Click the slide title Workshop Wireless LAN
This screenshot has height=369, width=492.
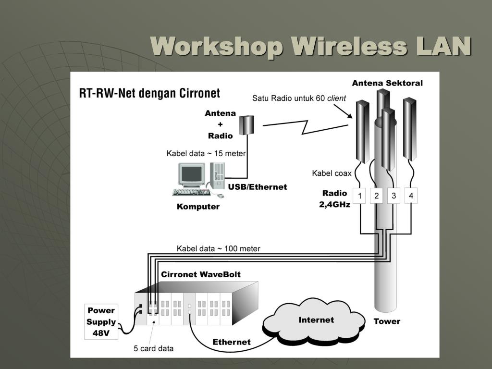pyautogui.click(x=310, y=47)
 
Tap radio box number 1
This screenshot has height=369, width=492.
pyautogui.click(x=359, y=196)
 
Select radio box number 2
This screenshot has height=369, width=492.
pyautogui.click(x=377, y=196)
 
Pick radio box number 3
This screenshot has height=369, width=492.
pyautogui.click(x=394, y=196)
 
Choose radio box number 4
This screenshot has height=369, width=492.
pyautogui.click(x=411, y=196)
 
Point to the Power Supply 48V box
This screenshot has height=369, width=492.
pyautogui.click(x=101, y=321)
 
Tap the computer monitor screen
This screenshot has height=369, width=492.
pyautogui.click(x=191, y=174)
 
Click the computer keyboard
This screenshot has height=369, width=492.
pyautogui.click(x=191, y=192)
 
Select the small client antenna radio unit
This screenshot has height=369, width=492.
pyautogui.click(x=246, y=125)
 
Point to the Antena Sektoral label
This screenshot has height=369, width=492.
pyautogui.click(x=387, y=83)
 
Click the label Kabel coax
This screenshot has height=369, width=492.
pyautogui.click(x=332, y=173)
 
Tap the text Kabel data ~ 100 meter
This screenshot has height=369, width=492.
pyautogui.click(x=219, y=248)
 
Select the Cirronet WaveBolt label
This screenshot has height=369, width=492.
pyautogui.click(x=201, y=274)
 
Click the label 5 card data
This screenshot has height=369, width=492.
pyautogui.click(x=153, y=348)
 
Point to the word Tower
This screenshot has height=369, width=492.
pyautogui.click(x=387, y=321)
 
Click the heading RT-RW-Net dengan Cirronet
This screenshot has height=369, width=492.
pyautogui.click(x=149, y=93)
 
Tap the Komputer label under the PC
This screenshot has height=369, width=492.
pyautogui.click(x=198, y=207)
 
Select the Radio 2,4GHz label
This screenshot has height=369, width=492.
pyautogui.click(x=334, y=198)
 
